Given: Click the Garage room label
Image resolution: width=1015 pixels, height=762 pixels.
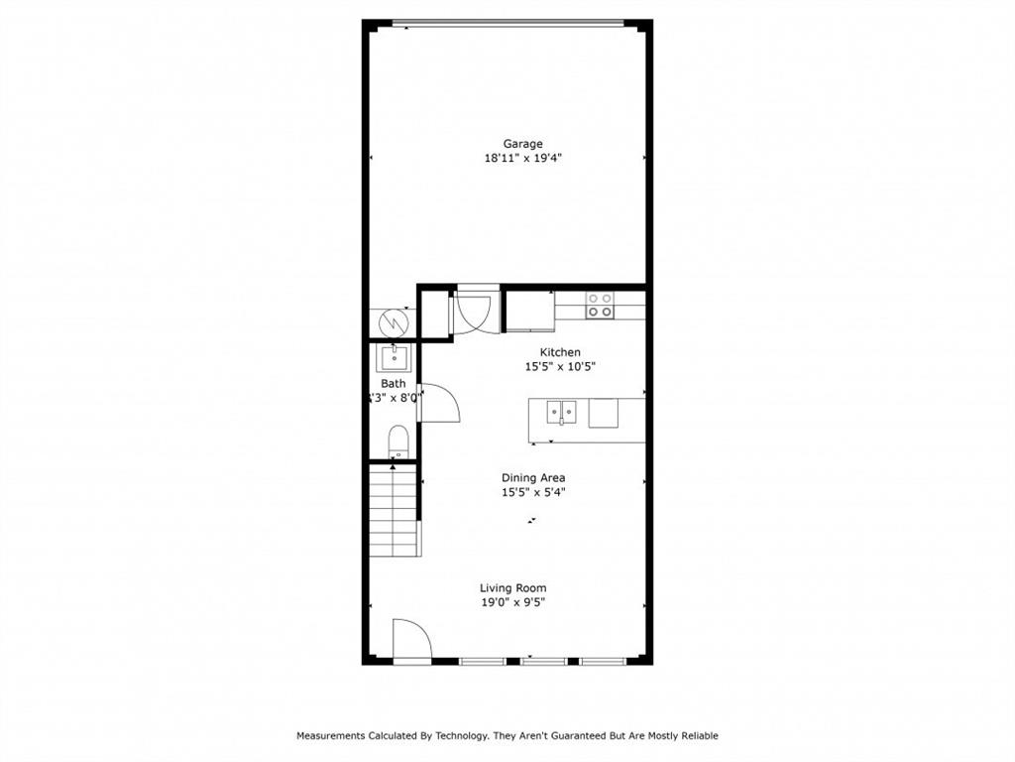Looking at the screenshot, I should pos(522,144).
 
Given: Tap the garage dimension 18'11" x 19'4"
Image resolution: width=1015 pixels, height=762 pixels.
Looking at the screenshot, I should pos(522,158).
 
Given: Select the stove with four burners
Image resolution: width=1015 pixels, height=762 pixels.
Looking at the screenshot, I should pos(599,305).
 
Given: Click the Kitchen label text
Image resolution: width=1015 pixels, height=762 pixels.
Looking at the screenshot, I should pos(560,352).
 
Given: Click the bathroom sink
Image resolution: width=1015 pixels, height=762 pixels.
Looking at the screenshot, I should pos(393,357).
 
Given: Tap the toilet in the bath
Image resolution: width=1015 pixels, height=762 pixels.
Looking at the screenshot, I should pos(397,443).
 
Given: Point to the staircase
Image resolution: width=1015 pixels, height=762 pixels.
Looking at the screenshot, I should pos(394,511).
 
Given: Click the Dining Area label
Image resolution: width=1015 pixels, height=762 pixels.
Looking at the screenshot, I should pos(532,478).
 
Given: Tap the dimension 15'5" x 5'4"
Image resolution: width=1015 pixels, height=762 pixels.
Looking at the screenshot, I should pos(532,492).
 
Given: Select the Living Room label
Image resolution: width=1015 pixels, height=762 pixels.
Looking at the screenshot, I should pos(512,588).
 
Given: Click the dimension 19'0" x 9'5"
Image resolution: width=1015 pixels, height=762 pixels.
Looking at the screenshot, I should pos(512,602).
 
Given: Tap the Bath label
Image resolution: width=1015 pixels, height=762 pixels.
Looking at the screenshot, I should pos(393,383).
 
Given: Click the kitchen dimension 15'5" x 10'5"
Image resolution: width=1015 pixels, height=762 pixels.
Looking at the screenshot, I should pos(560,366).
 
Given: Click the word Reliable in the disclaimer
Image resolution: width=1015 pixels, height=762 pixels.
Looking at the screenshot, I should pos(697,736).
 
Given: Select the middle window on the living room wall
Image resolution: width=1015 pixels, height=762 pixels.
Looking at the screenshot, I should pos(543,660).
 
